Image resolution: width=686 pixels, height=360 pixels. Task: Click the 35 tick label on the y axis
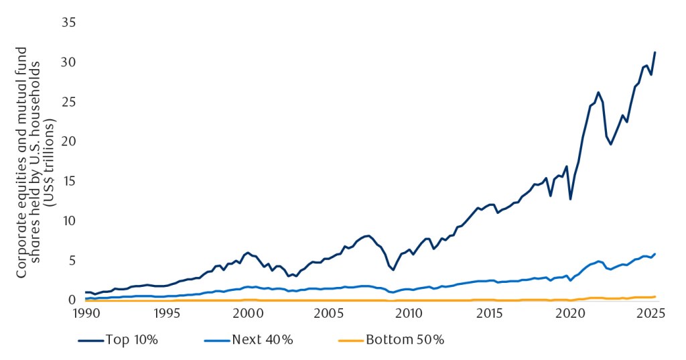[x=68, y=23]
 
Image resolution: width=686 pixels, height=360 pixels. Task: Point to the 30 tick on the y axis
[x=68, y=62]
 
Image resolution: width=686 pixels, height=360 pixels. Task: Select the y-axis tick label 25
[x=68, y=102]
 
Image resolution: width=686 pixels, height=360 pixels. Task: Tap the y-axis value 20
[x=68, y=141]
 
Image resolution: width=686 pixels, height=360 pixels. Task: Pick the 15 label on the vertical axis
[x=68, y=181]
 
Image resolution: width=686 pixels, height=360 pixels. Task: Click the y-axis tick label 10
[x=68, y=221]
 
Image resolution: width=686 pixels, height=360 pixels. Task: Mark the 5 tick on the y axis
[x=71, y=260]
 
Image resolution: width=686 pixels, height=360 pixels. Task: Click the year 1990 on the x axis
[x=86, y=314]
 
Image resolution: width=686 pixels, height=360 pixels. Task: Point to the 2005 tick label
[x=329, y=314]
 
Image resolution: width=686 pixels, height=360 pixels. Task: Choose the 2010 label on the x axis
[x=409, y=314]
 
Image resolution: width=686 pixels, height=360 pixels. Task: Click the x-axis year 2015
[x=490, y=314]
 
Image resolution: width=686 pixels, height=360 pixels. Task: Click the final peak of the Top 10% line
[x=655, y=52]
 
